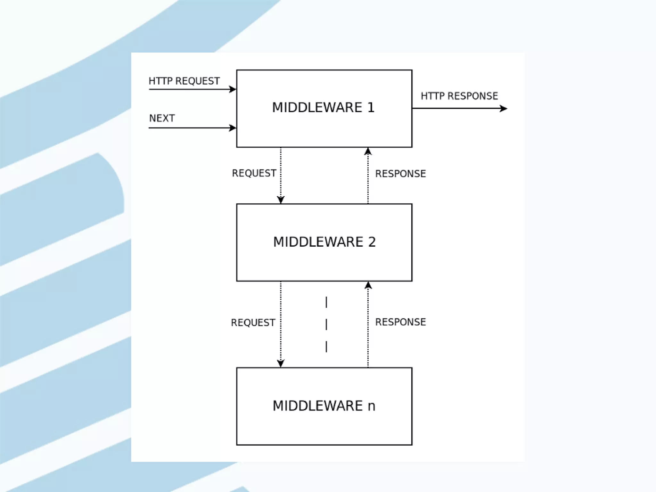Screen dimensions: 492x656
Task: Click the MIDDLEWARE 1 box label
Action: [x=323, y=108]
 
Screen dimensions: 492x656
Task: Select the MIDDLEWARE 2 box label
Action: [x=324, y=242]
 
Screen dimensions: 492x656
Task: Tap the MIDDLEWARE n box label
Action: [x=324, y=406]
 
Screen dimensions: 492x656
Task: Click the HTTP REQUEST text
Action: [x=184, y=81]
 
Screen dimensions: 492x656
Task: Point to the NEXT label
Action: [x=162, y=119]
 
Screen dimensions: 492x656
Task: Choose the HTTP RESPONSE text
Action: [x=459, y=96]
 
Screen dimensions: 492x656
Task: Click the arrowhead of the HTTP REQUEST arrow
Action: [x=233, y=89]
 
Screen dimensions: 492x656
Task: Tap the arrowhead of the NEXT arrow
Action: [x=233, y=128]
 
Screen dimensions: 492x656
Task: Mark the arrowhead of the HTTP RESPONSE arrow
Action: [x=504, y=109]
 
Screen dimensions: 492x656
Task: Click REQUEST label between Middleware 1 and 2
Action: [x=254, y=173]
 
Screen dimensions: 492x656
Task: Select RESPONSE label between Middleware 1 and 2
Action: [x=400, y=174]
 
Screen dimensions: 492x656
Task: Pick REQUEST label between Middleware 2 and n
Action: [x=253, y=323]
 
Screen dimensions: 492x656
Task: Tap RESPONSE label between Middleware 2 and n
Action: [x=400, y=322]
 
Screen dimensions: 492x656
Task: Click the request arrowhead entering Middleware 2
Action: [x=281, y=200]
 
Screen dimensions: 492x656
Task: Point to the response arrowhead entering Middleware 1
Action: [x=368, y=151]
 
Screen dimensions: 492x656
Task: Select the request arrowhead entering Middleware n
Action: [x=281, y=364]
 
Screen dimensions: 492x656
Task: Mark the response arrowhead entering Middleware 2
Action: [x=368, y=285]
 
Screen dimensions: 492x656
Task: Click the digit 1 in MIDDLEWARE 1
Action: [x=371, y=108]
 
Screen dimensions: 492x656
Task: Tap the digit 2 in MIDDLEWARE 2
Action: [x=372, y=242]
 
